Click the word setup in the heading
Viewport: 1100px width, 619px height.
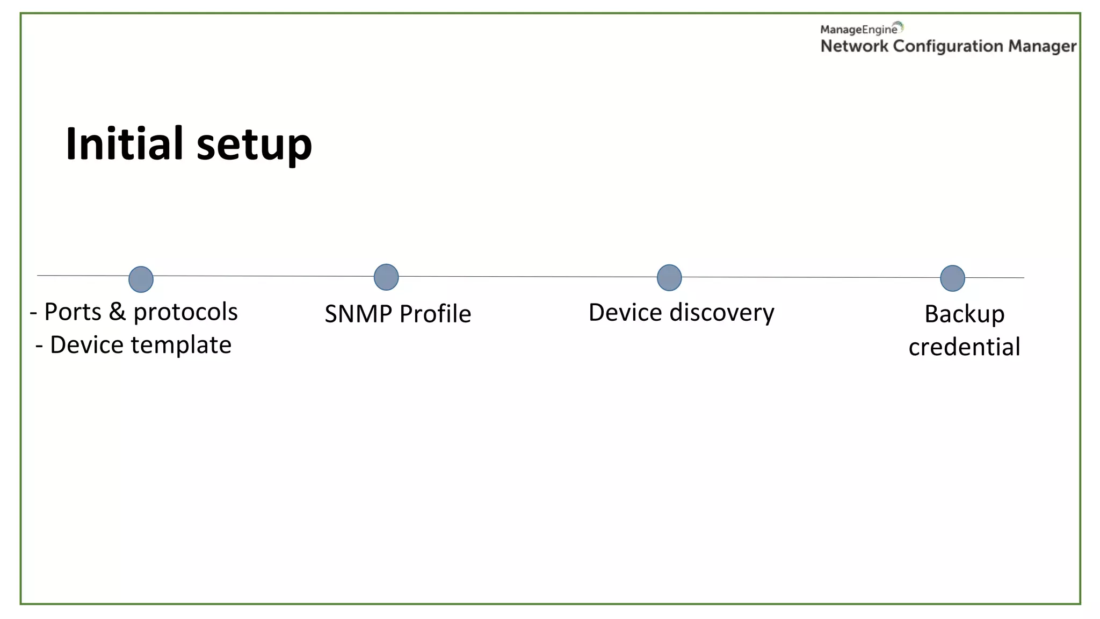[254, 145]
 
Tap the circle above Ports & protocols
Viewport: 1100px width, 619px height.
[141, 279]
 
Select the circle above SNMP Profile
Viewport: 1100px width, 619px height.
[386, 277]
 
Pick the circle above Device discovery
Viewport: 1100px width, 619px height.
[669, 278]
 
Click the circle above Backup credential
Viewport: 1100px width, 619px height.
[952, 278]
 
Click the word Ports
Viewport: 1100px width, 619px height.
[73, 312]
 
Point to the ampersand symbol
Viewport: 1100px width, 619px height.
[117, 312]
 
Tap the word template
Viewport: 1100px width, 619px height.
[181, 346]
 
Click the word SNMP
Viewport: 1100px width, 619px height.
[358, 314]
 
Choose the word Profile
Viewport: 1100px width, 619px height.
[435, 314]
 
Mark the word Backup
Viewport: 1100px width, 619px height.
[964, 315]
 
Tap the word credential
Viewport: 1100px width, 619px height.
[964, 347]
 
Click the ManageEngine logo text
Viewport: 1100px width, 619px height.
[858, 30]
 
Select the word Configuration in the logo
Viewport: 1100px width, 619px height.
[948, 47]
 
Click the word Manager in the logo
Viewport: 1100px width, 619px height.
[1042, 47]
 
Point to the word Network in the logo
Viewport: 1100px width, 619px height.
[854, 47]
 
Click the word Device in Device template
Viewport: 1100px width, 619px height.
[86, 346]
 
